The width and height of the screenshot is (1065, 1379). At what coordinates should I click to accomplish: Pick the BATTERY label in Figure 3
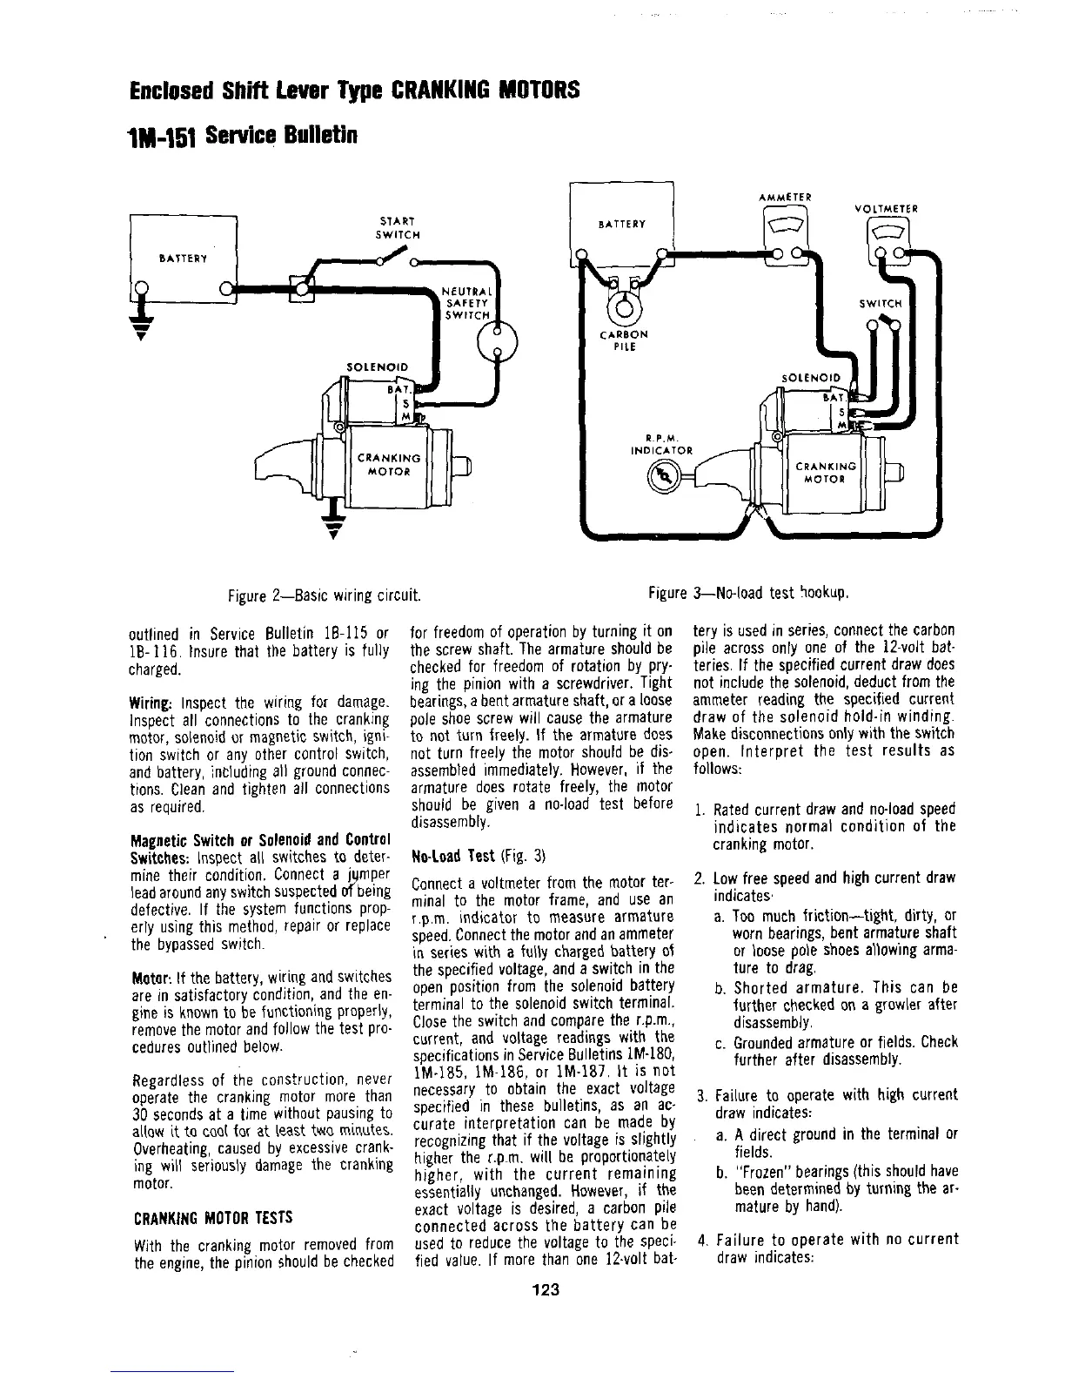coord(622,224)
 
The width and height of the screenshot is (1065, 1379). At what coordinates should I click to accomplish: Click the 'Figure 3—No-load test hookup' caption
coord(748,594)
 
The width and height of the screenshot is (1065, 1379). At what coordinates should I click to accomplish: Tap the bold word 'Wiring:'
coord(153,702)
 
